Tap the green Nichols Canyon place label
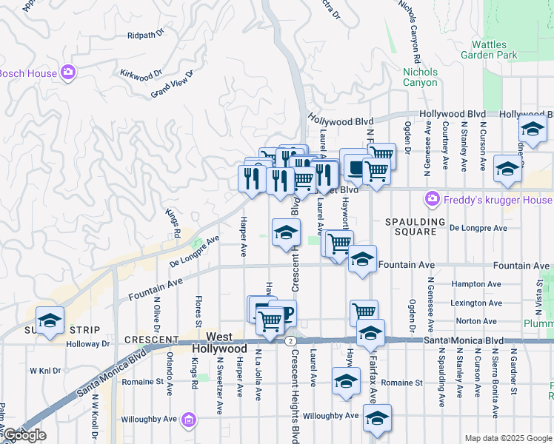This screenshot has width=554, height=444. (x=419, y=77)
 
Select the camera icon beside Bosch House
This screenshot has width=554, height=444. (x=68, y=73)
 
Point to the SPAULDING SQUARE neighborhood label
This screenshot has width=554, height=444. (x=415, y=226)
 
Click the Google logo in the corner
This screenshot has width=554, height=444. (x=24, y=435)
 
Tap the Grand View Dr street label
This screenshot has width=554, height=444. (x=171, y=84)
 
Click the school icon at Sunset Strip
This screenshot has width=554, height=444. (x=50, y=321)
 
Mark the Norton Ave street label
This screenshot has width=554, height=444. (x=476, y=321)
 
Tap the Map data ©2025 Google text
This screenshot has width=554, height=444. (x=508, y=438)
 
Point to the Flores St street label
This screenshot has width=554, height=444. (x=198, y=312)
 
